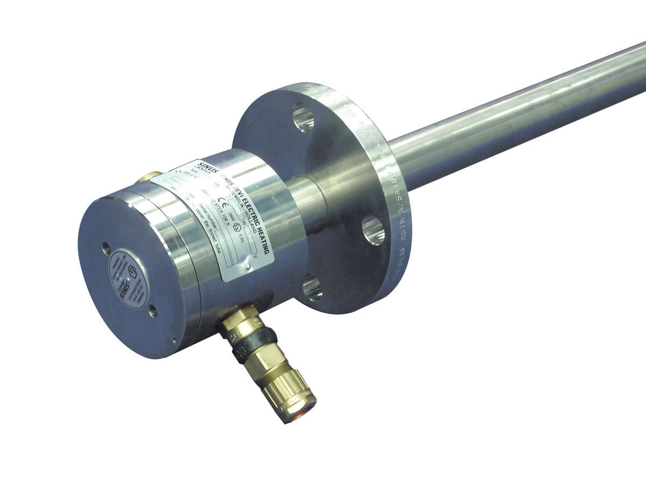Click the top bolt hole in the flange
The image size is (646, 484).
pyautogui.click(x=303, y=117)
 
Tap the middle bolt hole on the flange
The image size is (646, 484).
pyautogui.click(x=373, y=230)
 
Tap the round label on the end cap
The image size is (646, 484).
pyautogui.click(x=128, y=279)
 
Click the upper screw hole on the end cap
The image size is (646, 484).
pyautogui.click(x=106, y=248)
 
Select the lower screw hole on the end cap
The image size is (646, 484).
pyautogui.click(x=153, y=310)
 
